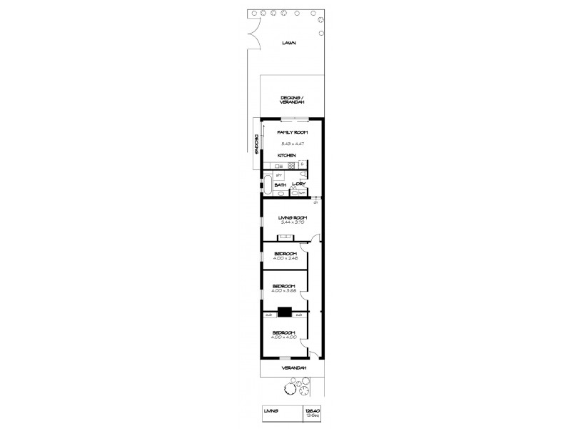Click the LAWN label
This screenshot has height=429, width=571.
(x=288, y=43)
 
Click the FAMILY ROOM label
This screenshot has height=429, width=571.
(x=292, y=133)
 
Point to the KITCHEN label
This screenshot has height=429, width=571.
(x=287, y=155)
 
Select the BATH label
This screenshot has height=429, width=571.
(x=281, y=185)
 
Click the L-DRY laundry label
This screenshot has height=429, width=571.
(x=298, y=184)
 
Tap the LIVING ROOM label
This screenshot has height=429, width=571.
(x=292, y=217)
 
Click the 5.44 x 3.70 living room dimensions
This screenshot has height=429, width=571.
(x=292, y=222)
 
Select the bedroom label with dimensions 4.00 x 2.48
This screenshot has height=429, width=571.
(x=285, y=253)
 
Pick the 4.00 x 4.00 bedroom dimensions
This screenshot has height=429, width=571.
(x=285, y=337)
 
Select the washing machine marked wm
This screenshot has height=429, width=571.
(x=302, y=192)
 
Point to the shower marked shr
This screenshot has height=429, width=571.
(x=279, y=174)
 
